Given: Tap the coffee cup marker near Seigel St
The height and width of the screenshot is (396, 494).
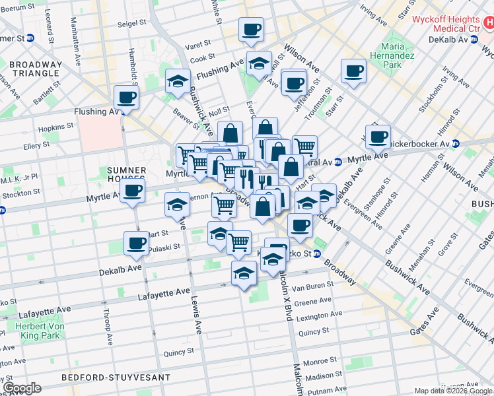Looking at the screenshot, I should pyautogui.click(x=251, y=30).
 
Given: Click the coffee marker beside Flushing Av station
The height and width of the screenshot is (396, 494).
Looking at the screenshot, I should pyautogui.click(x=126, y=98).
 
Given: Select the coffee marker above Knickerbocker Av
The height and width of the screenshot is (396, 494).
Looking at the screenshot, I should pyautogui.click(x=378, y=137).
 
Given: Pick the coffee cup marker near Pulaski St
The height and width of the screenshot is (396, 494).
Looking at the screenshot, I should pyautogui.click(x=136, y=244).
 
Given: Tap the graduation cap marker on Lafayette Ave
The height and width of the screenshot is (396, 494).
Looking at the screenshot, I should pyautogui.click(x=244, y=273).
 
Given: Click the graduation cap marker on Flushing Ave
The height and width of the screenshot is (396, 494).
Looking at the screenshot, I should pyautogui.click(x=260, y=64).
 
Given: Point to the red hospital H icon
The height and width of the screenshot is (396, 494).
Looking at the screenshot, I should pyautogui.click(x=487, y=22).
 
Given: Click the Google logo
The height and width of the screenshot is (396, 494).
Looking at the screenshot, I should pyautogui.click(x=22, y=388).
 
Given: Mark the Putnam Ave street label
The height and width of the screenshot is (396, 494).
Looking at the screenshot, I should pyautogui.click(x=328, y=391).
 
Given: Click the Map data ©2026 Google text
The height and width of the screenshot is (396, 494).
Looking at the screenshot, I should pyautogui.click(x=452, y=391).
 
